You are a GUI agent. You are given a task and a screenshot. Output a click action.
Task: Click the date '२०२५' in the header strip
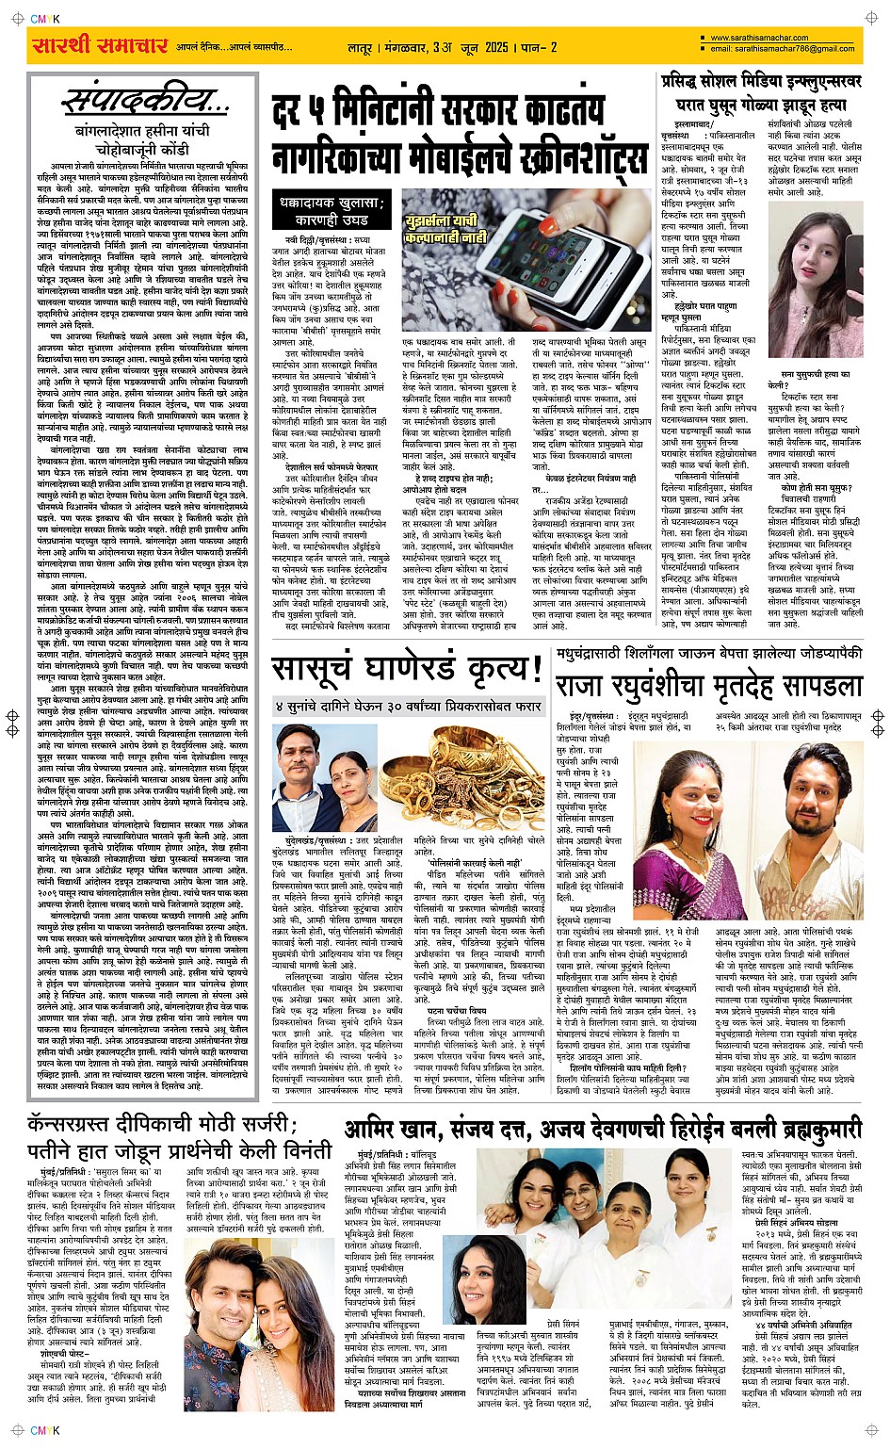pyautogui.click(x=495, y=46)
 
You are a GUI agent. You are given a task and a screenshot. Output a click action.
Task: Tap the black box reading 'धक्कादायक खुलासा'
pyautogui.click(x=332, y=210)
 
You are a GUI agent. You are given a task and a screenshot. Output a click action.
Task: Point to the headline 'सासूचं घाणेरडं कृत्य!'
pyautogui.click(x=407, y=670)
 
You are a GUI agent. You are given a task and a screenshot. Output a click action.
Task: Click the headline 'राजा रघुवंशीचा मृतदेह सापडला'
pyautogui.click(x=708, y=685)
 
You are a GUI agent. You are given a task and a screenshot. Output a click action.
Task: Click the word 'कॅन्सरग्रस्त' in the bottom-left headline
pyautogui.click(x=79, y=1126)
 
